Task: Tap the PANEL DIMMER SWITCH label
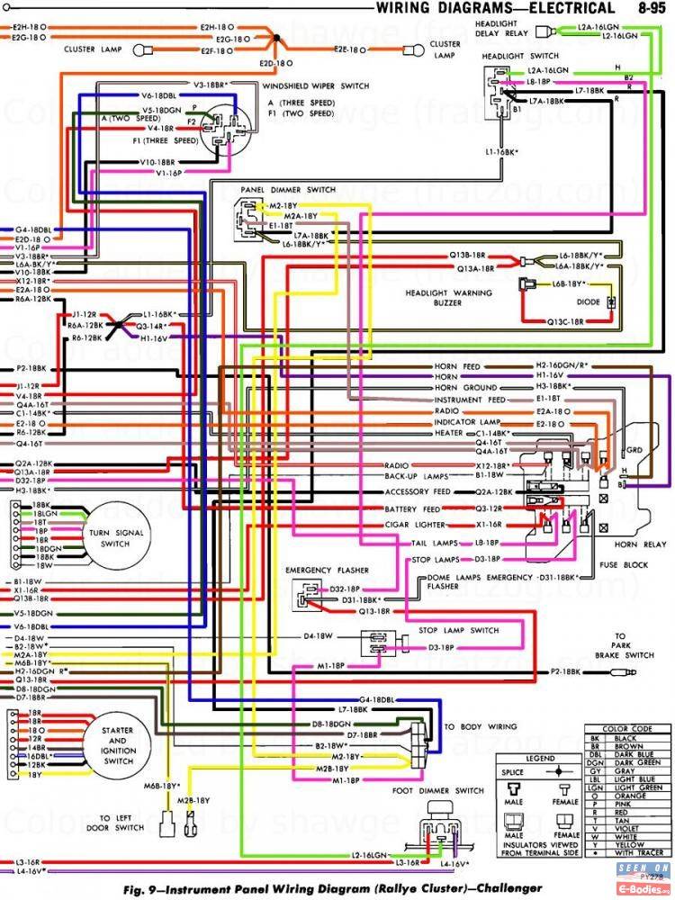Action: [x=288, y=190]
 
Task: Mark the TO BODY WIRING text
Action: [x=481, y=725]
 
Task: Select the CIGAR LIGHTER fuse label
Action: [x=413, y=524]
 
